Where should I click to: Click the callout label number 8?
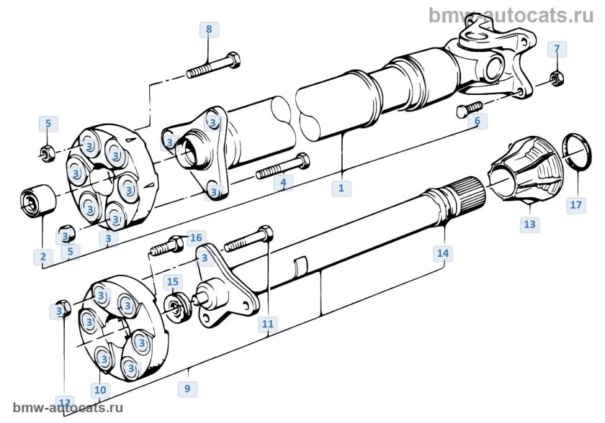click(x=209, y=29)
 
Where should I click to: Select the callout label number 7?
click(x=556, y=49)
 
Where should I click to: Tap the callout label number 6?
click(x=477, y=121)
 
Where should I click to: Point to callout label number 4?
click(x=284, y=183)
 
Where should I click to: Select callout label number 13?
click(x=529, y=224)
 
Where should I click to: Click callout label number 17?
click(x=575, y=205)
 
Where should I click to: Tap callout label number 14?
click(x=442, y=253)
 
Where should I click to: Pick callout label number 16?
click(x=197, y=237)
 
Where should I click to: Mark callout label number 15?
click(x=173, y=281)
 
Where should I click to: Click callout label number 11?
click(x=268, y=324)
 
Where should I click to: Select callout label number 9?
click(x=187, y=388)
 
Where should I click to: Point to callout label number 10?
click(x=99, y=390)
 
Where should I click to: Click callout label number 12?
click(x=65, y=402)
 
